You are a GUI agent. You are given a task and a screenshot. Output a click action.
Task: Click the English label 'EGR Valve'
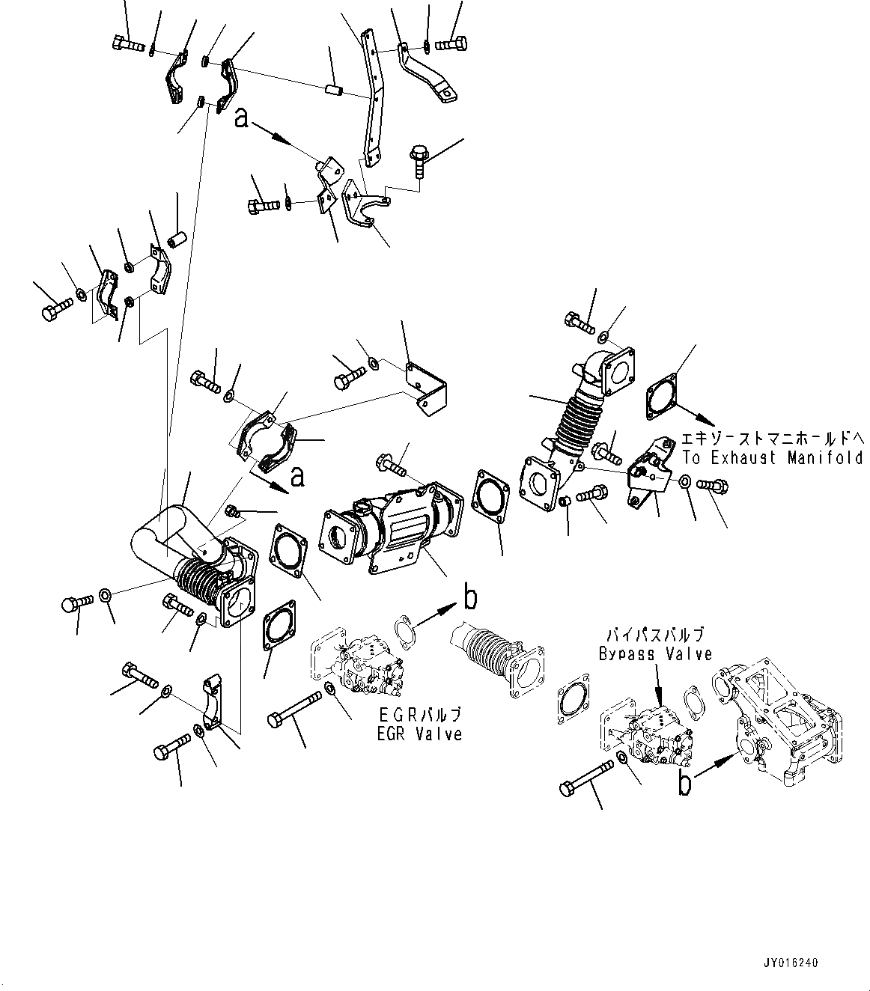pyautogui.click(x=420, y=734)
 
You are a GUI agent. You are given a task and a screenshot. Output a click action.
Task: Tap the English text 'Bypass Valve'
pyautogui.click(x=655, y=653)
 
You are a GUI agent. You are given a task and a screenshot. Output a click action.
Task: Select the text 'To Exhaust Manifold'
pyautogui.click(x=772, y=458)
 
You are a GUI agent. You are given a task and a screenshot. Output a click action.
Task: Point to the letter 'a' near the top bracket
pyautogui.click(x=241, y=118)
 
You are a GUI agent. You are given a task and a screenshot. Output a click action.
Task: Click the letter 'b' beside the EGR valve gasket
pyautogui.click(x=470, y=598)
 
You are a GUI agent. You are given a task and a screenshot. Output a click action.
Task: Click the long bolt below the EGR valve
pyautogui.click(x=293, y=709)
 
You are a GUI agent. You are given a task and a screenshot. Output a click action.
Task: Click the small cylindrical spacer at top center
pyautogui.click(x=335, y=91)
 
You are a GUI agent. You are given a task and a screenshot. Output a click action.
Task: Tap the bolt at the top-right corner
pyautogui.click(x=450, y=44)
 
